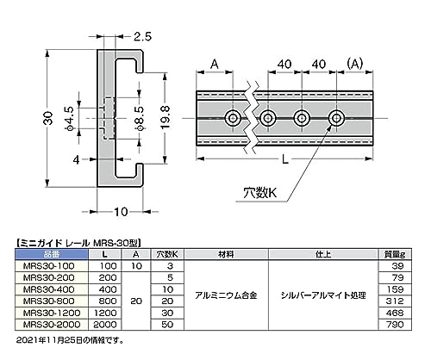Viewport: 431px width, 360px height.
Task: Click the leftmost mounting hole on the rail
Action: point(233,117)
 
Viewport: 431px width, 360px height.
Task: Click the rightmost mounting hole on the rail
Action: point(334,117)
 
